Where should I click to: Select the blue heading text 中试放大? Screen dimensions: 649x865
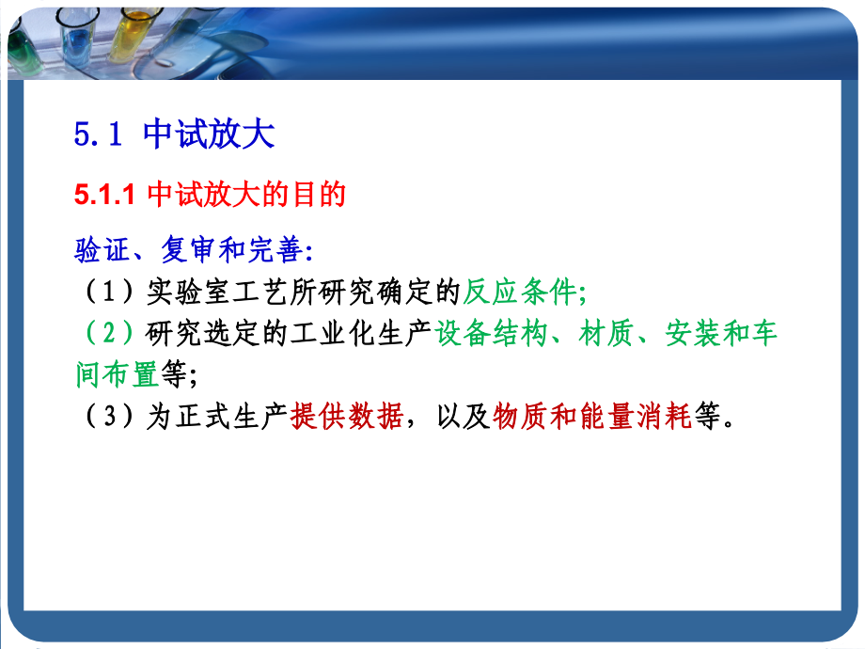click(209, 135)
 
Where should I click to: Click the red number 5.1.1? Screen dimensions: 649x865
click(106, 195)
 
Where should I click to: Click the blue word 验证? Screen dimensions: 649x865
click(102, 249)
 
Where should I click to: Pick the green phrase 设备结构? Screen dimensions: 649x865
click(492, 334)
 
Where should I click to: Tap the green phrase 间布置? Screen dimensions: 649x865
click(117, 375)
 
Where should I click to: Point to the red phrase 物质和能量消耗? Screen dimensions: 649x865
click(592, 417)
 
